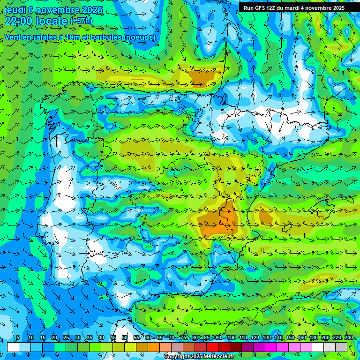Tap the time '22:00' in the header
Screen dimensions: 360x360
pos(20,21)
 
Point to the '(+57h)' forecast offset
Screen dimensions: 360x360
pos(81,21)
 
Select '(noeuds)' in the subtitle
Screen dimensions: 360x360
pos(139,37)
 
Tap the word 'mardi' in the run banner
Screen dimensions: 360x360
pos(298,8)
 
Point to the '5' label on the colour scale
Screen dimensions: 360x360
pos(18,338)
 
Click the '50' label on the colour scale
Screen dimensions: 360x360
pos(125,338)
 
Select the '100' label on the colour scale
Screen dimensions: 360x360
pos(231,338)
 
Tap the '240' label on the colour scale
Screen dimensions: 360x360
pos(348,338)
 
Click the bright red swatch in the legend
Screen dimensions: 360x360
pos(212,347)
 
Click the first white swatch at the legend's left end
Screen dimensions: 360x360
pos(13,347)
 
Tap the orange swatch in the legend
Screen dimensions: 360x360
pos(154,347)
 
